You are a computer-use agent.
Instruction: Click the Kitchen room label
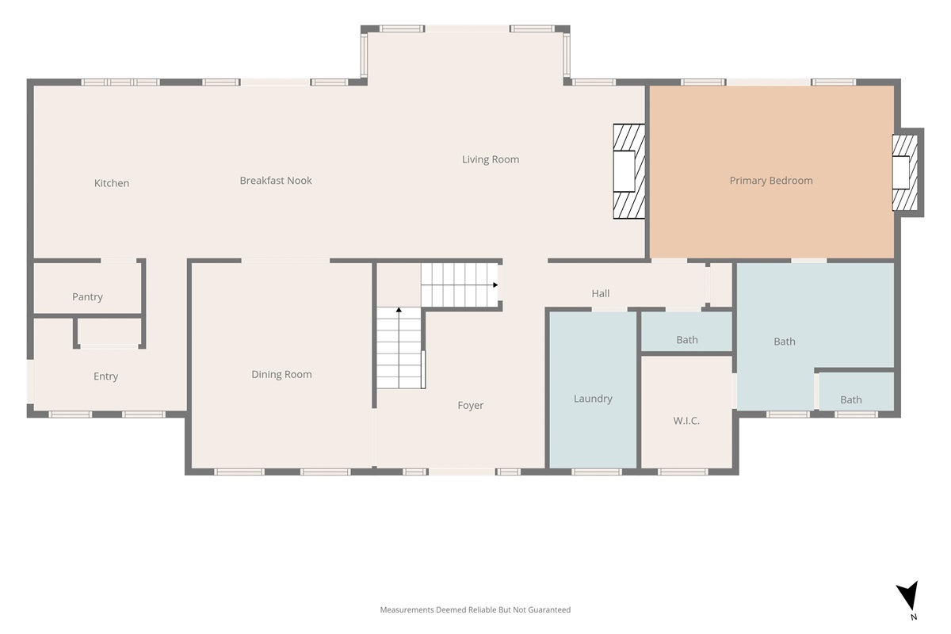click(x=112, y=183)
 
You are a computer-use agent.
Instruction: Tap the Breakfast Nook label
click(x=276, y=181)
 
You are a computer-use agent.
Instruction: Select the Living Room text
click(x=491, y=159)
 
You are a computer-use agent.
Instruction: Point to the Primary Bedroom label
click(x=771, y=181)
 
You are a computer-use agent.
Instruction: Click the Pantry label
click(x=87, y=297)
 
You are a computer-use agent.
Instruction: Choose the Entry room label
click(x=105, y=376)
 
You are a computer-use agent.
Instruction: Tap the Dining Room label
click(x=281, y=375)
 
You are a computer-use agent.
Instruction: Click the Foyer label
click(x=471, y=406)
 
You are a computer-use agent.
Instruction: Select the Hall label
click(x=601, y=293)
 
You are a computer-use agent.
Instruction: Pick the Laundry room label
click(x=593, y=399)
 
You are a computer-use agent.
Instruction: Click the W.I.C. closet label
click(x=686, y=421)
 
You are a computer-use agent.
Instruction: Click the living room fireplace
click(x=628, y=171)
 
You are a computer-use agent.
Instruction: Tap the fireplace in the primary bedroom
click(x=905, y=173)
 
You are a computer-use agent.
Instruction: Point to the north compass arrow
click(x=909, y=595)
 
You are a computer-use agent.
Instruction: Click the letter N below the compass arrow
click(x=914, y=617)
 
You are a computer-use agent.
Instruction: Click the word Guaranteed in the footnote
click(x=550, y=609)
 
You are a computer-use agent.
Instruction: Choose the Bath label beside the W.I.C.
click(x=686, y=340)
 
